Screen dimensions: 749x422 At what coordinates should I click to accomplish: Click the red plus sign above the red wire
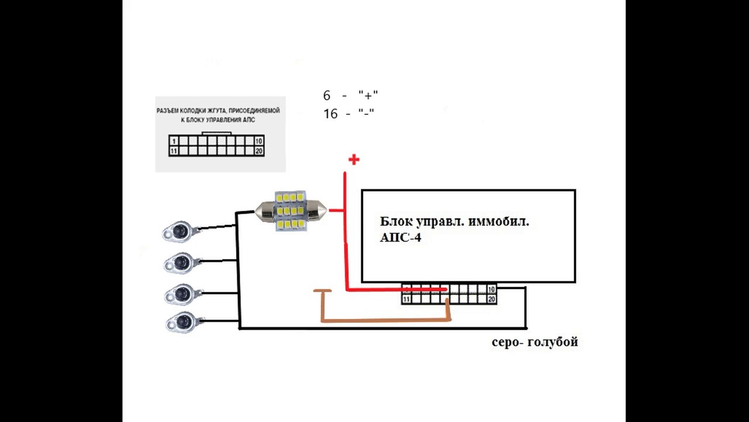[x=354, y=159]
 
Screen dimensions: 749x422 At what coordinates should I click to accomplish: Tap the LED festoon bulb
[x=291, y=211]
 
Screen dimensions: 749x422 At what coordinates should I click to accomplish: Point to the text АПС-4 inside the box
[x=401, y=237]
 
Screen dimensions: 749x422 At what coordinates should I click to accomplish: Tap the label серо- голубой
[x=535, y=342]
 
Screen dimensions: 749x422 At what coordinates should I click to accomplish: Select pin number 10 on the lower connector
[x=491, y=290]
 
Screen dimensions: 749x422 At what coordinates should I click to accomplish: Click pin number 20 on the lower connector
[x=491, y=299]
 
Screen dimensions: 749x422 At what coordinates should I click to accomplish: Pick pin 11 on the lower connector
[x=406, y=299]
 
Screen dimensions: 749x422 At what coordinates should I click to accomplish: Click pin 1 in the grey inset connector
[x=174, y=141]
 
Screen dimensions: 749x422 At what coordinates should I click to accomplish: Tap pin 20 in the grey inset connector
[x=259, y=151]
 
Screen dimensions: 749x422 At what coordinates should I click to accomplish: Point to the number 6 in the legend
[x=327, y=96]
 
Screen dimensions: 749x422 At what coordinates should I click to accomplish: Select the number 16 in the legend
[x=331, y=114]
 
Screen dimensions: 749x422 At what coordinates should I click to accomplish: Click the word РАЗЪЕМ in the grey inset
[x=167, y=111]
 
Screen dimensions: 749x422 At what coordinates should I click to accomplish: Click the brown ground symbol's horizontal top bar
[x=322, y=291]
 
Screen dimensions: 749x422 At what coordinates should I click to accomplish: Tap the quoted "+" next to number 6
[x=368, y=96]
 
